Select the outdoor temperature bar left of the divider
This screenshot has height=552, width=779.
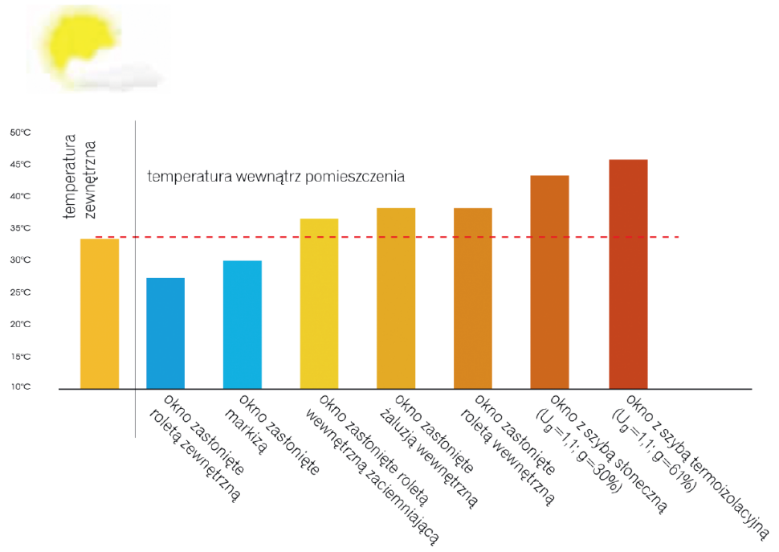100,313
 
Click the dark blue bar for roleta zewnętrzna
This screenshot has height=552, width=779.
165,333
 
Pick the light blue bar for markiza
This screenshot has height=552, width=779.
243,325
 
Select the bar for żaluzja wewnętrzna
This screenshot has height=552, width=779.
396,298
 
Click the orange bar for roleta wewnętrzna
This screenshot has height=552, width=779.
473,298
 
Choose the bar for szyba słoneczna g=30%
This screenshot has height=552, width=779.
550,282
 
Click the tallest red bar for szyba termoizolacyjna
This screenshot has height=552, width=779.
628,274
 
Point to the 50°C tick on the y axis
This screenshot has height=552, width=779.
20,133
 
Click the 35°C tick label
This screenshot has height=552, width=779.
20,228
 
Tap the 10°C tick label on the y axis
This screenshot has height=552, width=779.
20,387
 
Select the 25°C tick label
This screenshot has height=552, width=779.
20,292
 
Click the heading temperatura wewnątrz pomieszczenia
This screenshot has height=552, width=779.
275,177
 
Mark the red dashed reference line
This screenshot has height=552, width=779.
385,237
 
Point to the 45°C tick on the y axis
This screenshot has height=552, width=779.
20,165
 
